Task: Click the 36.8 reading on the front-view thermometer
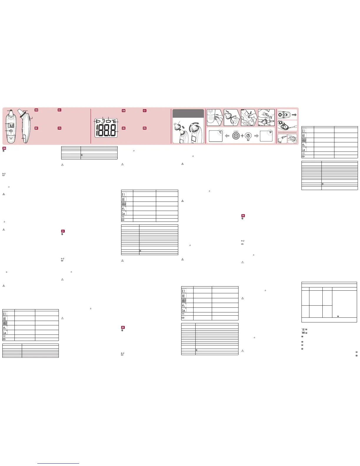[11, 125]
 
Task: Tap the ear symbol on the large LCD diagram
[103, 121]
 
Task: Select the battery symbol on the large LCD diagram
[108, 121]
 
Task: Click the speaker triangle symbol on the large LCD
[98, 121]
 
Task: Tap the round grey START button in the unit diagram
[236, 136]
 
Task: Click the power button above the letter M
[248, 136]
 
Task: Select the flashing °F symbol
[270, 132]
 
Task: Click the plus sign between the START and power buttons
[242, 136]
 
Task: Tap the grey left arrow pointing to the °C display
[227, 136]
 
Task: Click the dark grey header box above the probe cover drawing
[188, 113]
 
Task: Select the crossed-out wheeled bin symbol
[303, 330]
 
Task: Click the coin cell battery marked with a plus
[284, 127]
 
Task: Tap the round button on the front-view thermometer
[11, 131]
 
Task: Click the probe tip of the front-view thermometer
[11, 112]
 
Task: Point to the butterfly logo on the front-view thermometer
[11, 137]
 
